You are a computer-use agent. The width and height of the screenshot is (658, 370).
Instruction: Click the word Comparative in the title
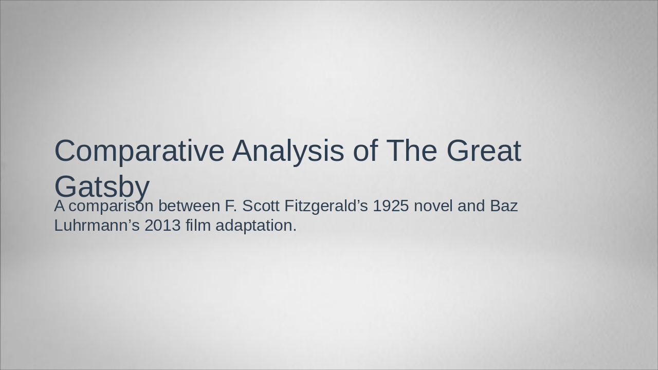point(139,151)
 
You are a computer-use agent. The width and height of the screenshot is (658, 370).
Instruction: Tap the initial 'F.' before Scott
point(230,206)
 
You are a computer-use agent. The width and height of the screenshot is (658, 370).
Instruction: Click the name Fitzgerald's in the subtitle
point(326,206)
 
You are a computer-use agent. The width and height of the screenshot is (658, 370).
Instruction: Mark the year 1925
point(391,206)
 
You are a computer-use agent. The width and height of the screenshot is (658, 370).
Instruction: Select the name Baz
point(504,206)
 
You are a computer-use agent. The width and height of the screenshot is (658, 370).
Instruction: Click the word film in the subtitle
point(198,226)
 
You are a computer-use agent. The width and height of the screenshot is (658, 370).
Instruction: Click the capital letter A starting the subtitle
point(60,206)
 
